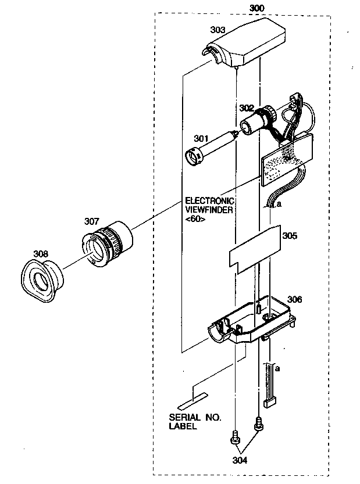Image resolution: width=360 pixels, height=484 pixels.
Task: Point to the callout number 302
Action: (x=246, y=107)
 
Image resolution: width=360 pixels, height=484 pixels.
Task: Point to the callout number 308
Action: (x=41, y=253)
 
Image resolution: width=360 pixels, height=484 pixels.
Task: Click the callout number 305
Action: (x=290, y=236)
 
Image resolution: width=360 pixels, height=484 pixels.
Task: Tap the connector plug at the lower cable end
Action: (x=269, y=402)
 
